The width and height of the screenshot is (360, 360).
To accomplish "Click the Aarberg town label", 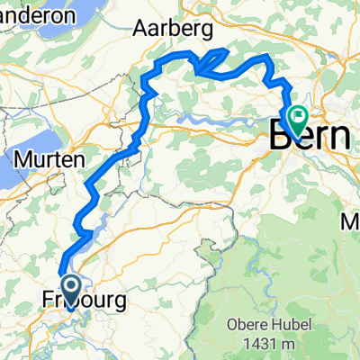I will pos(173,30).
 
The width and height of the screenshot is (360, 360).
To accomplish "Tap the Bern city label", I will pos(310,137).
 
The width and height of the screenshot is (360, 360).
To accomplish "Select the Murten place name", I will pos(50,159).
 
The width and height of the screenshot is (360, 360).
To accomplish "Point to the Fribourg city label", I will pos(84,300).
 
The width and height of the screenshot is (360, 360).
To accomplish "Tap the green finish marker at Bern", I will pos(295,118).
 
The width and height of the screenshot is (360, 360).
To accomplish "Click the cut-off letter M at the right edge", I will pos(352,220).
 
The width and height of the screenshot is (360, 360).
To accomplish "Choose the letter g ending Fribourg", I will pos(119,302).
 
